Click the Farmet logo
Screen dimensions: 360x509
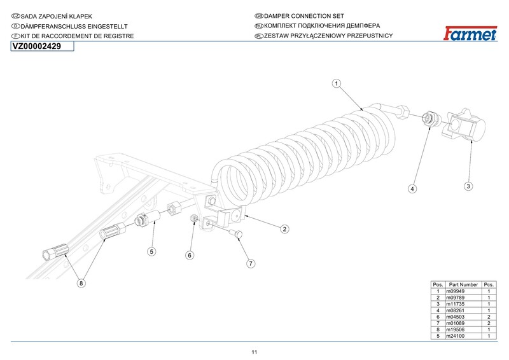point(468,32)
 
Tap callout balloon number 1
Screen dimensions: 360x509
point(336,83)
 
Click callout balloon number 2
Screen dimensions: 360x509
point(285,228)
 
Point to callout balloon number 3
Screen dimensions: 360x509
point(468,186)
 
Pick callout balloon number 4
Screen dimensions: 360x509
point(412,189)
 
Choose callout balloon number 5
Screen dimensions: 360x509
point(151,251)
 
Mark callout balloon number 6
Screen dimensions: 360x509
point(189,255)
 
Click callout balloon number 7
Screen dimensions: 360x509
point(251,263)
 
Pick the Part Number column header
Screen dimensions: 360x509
point(463,284)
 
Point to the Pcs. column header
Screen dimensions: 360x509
point(489,284)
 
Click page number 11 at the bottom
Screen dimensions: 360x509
point(254,352)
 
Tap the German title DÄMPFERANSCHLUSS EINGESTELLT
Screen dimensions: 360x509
point(74,25)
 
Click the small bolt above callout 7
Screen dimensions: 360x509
point(236,235)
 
